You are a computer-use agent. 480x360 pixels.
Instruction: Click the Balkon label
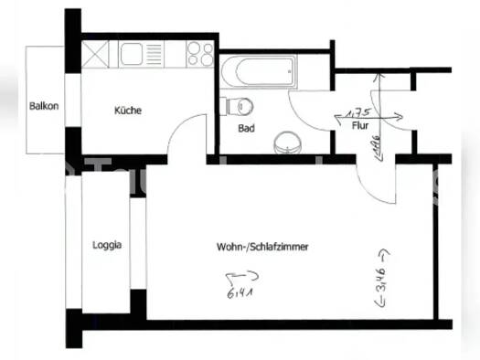click(43, 106)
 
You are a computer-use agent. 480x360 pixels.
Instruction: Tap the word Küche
click(127, 111)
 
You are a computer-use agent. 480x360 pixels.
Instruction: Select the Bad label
click(246, 129)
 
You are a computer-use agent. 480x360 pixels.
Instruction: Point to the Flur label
click(359, 126)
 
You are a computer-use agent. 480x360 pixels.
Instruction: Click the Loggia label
click(107, 245)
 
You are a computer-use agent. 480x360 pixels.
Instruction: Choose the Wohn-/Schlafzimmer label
click(261, 247)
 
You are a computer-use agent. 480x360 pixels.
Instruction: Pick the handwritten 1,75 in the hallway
click(351, 113)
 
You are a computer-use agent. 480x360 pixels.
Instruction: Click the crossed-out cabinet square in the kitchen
click(96, 54)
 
